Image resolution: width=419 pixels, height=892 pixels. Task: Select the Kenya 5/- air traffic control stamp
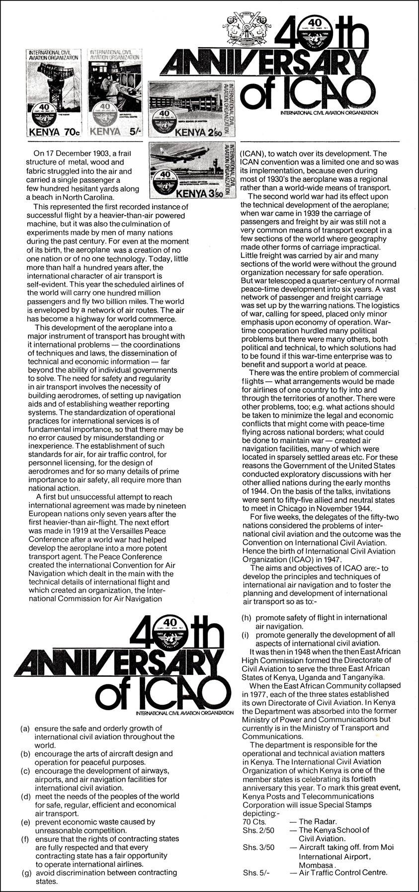pos(116,93)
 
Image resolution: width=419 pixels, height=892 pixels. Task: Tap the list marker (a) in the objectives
pos(25,729)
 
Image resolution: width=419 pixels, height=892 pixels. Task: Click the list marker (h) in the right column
pos(246,618)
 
